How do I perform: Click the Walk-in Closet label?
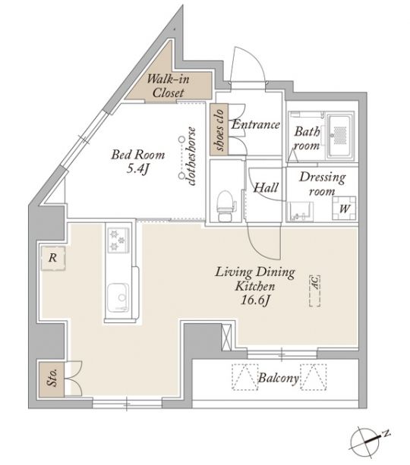(168, 86)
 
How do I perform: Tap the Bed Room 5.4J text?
(138, 162)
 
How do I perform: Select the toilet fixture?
(225, 206)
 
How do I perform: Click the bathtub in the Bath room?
(340, 136)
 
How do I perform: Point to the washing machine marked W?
(344, 208)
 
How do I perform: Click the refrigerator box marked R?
(53, 258)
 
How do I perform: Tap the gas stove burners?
(118, 240)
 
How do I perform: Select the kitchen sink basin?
(118, 297)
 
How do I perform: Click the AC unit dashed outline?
(314, 291)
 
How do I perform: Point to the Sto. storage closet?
(52, 379)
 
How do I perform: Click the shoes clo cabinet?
(219, 129)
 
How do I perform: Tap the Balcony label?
(278, 378)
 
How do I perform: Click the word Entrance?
(256, 124)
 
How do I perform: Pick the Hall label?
(266, 187)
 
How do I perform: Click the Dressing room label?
(323, 184)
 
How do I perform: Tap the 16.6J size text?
(255, 300)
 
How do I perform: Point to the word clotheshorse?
(191, 156)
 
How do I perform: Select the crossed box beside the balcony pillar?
(226, 337)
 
